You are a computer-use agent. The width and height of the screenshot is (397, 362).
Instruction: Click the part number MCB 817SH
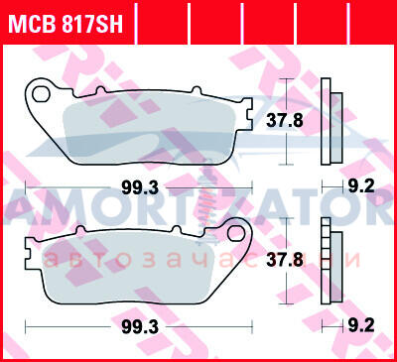click(x=66, y=24)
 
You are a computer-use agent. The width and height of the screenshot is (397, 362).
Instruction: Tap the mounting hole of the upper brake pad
click(x=41, y=94)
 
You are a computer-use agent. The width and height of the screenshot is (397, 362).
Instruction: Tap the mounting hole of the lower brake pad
click(x=235, y=232)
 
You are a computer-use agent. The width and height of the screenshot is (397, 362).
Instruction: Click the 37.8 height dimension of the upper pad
click(x=285, y=121)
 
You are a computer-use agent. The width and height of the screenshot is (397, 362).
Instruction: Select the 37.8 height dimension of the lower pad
click(x=285, y=260)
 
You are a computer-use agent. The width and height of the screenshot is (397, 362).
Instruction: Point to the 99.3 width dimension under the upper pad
click(x=140, y=188)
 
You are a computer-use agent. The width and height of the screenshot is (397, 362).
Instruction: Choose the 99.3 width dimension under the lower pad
click(x=140, y=327)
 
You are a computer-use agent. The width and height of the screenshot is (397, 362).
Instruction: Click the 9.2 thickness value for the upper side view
click(x=361, y=186)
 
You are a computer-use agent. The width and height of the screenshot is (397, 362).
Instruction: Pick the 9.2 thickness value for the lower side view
click(x=361, y=326)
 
